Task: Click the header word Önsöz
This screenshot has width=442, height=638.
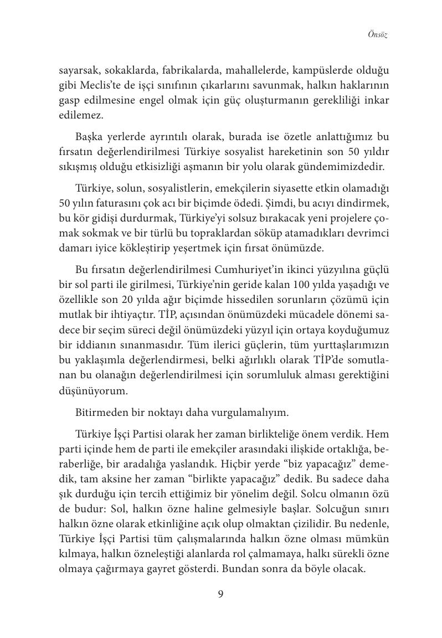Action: click(x=377, y=35)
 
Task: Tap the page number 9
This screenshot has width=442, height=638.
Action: click(x=220, y=594)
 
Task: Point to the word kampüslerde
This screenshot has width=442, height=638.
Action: click(x=320, y=70)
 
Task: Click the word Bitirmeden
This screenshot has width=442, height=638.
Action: click(x=98, y=413)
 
